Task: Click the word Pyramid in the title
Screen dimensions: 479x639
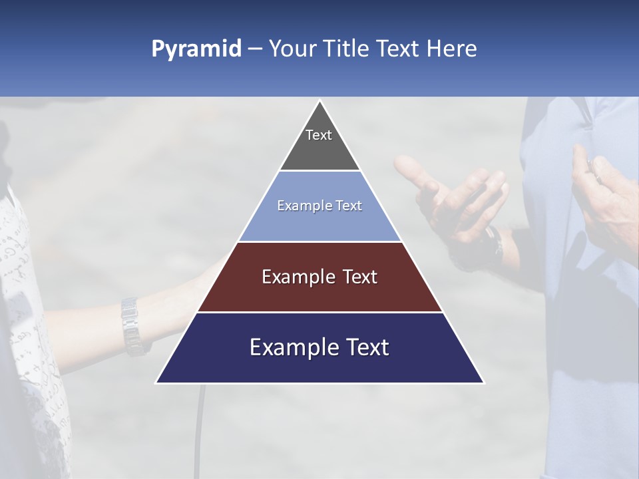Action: pyautogui.click(x=196, y=49)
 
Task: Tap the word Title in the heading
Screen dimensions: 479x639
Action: pyautogui.click(x=348, y=49)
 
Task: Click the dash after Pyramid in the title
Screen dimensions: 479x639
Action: pyautogui.click(x=255, y=49)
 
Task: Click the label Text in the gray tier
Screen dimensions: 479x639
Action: pyautogui.click(x=319, y=135)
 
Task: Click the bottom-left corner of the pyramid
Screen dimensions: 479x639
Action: pyautogui.click(x=157, y=382)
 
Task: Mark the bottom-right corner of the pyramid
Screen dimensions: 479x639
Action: pyautogui.click(x=483, y=382)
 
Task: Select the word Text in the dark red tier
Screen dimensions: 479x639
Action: pyautogui.click(x=353, y=277)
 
